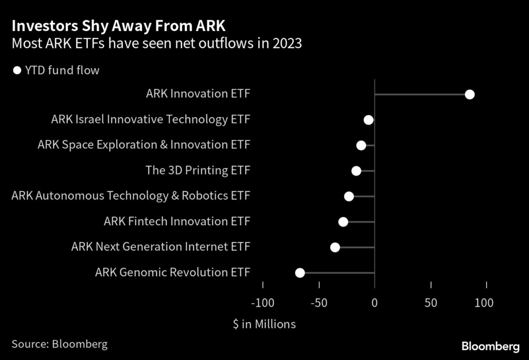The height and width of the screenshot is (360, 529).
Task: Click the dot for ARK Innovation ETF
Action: (470, 95)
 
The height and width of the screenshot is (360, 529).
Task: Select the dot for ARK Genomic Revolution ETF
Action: (300, 273)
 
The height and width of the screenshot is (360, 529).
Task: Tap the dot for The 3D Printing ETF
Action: (356, 171)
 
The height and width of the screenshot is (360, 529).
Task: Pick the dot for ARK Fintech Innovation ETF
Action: (343, 222)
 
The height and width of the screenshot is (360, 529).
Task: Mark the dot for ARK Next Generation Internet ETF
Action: (335, 247)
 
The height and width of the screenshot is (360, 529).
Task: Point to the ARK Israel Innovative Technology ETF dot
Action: (368, 120)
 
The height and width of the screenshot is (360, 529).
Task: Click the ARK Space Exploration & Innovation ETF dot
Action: (361, 146)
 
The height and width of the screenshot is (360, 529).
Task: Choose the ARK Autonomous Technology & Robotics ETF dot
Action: (349, 196)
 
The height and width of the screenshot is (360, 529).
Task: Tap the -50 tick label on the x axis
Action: (319, 303)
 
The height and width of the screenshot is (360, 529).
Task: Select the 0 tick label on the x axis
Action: (375, 303)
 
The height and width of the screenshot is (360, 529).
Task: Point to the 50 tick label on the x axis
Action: (431, 303)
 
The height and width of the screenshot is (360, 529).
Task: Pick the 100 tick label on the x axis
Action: (484, 303)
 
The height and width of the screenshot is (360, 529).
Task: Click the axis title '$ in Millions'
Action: (264, 324)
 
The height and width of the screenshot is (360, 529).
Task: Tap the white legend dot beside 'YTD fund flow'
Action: (17, 70)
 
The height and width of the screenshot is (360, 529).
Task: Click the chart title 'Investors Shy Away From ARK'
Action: (118, 26)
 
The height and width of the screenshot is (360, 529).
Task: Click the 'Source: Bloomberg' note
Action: (59, 344)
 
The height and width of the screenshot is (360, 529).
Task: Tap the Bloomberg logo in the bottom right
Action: (490, 346)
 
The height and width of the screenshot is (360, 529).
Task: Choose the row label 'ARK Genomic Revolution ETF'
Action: (173, 273)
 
